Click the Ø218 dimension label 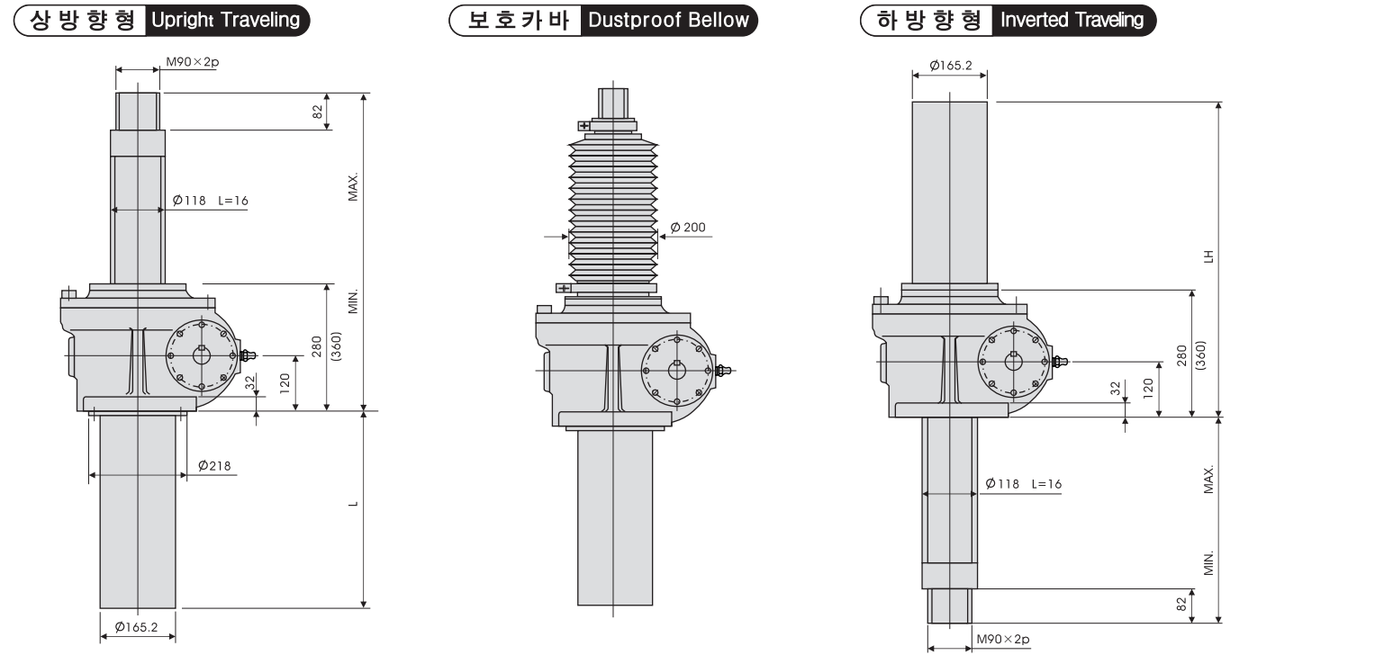(214, 466)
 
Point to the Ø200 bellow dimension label (689, 228)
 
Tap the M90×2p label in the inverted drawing (1003, 640)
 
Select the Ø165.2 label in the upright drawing (137, 628)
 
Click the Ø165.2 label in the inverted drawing (949, 66)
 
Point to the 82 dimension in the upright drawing (317, 112)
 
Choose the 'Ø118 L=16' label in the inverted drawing (1024, 484)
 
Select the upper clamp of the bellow (584, 126)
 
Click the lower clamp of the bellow (564, 288)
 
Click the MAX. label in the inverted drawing (1208, 480)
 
